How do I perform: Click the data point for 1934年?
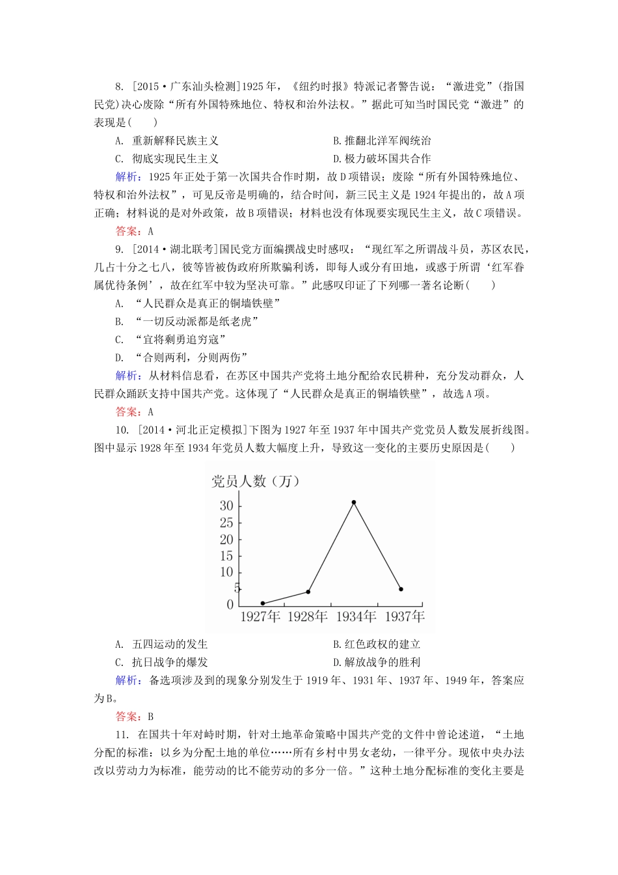pos(354,502)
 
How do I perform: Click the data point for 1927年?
pos(263,604)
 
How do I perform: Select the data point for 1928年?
pos(308,592)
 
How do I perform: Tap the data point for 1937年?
pos(401,589)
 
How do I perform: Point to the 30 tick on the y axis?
pos(226,506)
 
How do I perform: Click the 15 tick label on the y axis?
pos(226,556)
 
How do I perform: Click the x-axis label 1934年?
pos(356,617)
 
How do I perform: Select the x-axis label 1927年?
pos(260,617)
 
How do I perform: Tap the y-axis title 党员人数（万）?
pos(256,481)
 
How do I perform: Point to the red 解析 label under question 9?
pos(126,376)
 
